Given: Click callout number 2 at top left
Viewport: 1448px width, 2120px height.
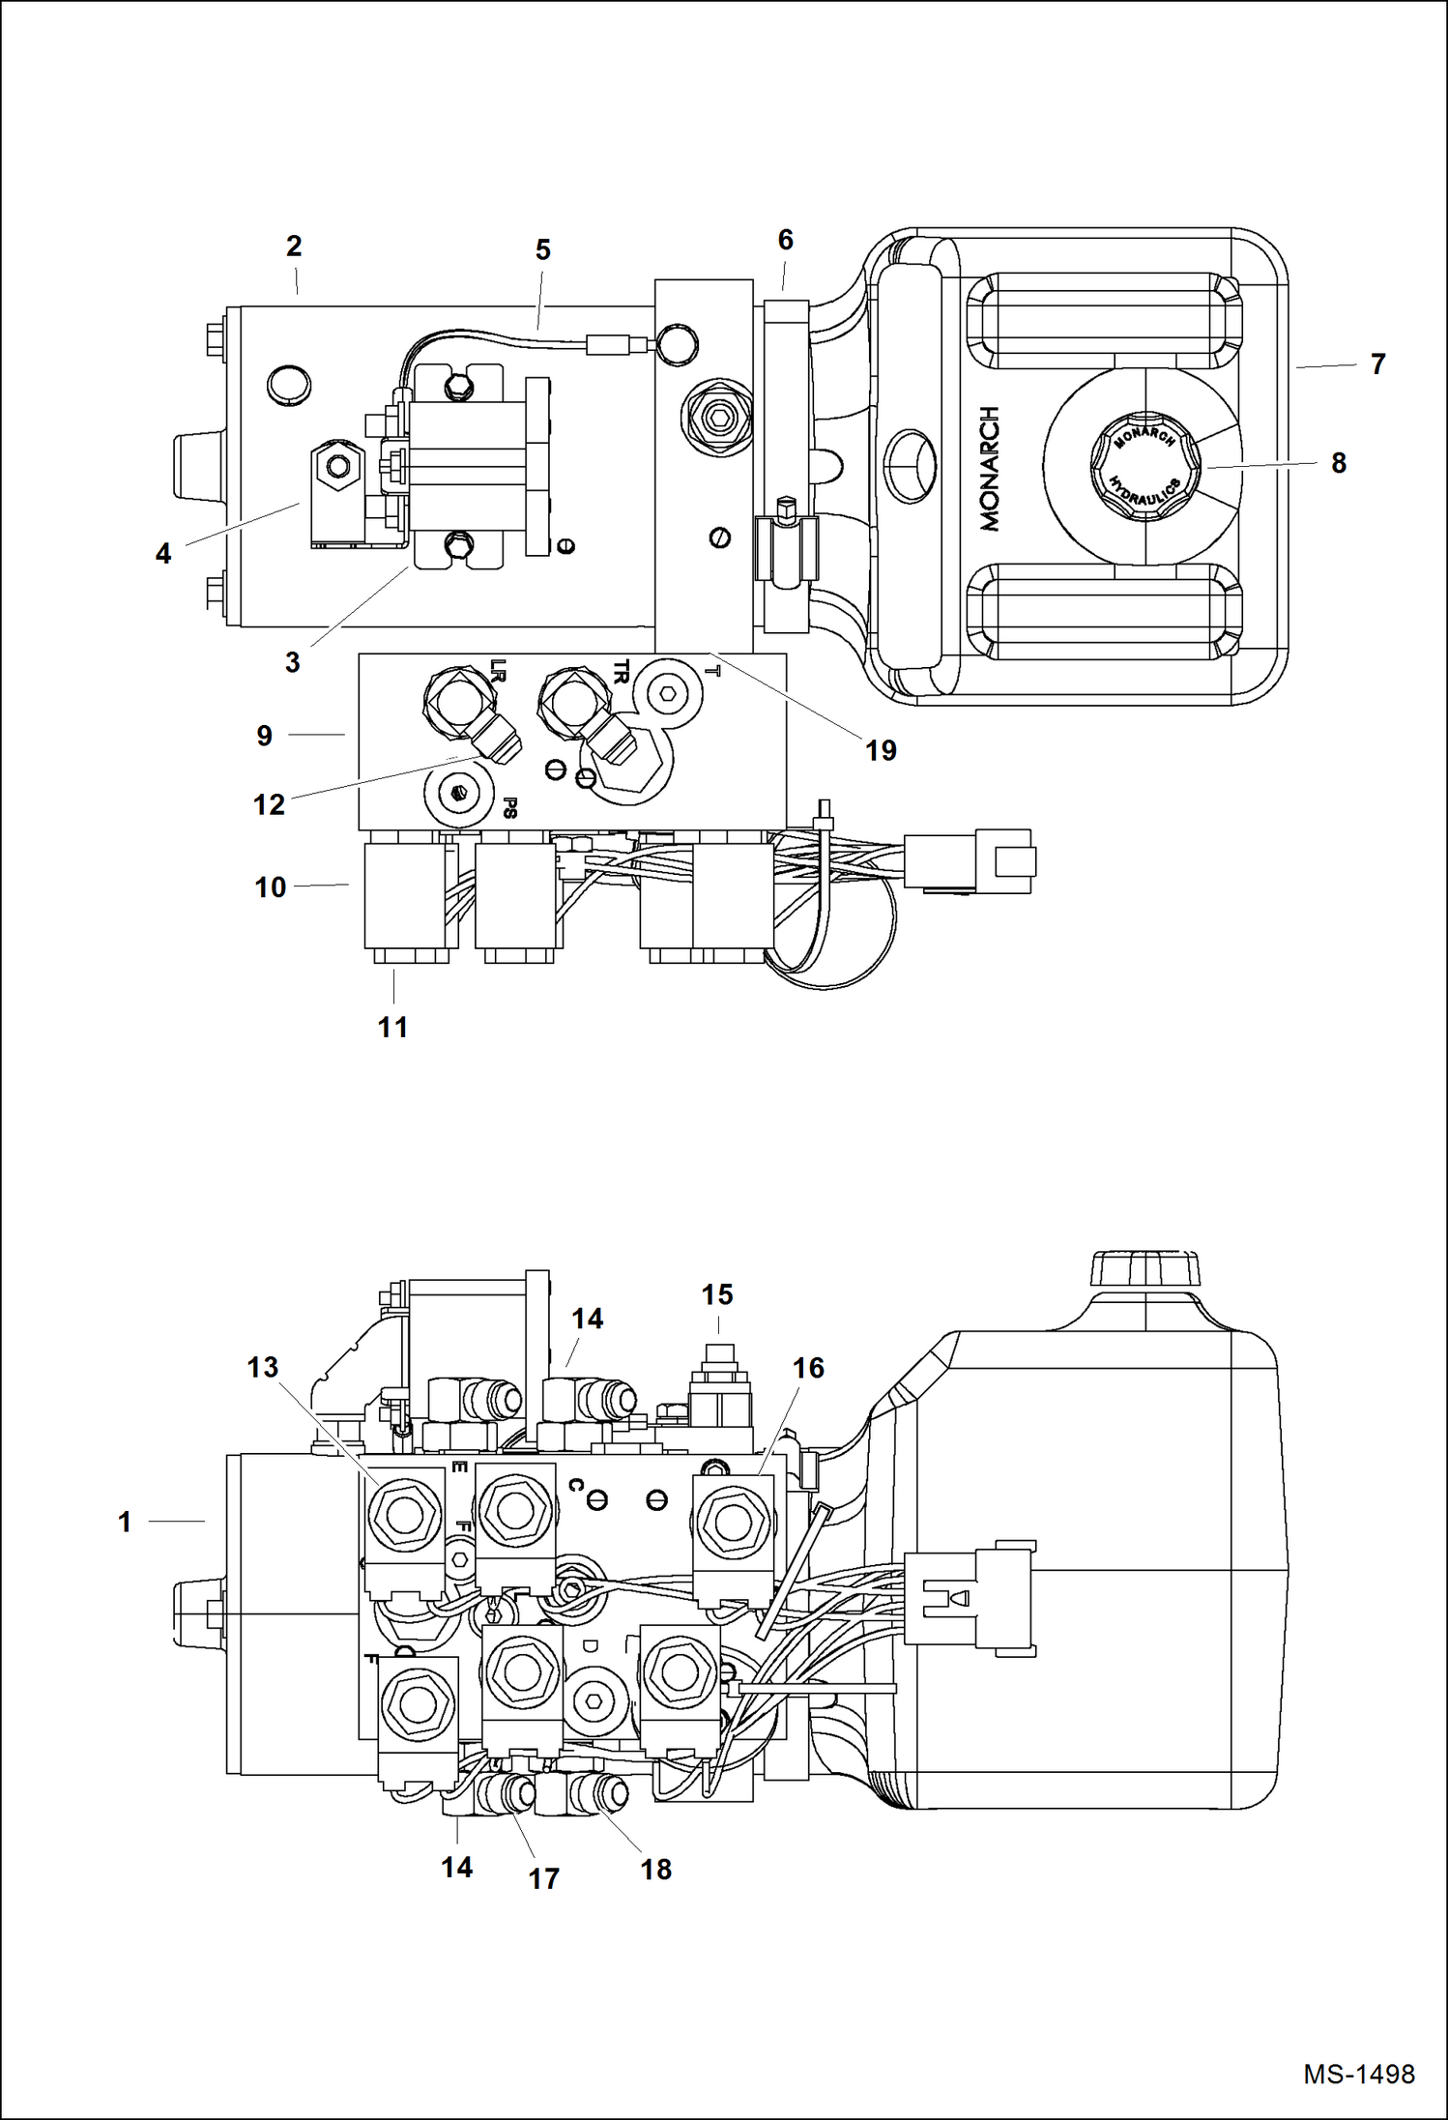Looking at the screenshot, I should coord(294,246).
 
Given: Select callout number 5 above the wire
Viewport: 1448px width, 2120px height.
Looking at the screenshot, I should coord(542,250).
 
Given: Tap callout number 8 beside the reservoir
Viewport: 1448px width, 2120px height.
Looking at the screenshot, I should coord(1338,463).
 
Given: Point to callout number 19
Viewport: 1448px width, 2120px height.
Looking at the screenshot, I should coord(880,750).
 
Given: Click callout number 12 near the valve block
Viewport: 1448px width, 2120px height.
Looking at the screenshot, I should coord(269,804).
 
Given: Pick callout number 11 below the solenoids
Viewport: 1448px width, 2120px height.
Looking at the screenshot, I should coord(392,1027).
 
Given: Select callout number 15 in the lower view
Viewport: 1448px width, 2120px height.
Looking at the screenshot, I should coord(716,1294).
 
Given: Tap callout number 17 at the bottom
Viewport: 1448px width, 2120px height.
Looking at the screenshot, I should coord(543,1878).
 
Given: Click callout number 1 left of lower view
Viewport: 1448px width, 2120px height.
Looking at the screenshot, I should coord(125,1522).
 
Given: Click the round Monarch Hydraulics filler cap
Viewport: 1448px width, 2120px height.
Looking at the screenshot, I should coord(1144,466).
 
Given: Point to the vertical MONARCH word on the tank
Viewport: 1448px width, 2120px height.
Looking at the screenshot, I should coord(989,469).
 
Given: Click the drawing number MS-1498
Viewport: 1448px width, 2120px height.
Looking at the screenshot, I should coord(1358,2074).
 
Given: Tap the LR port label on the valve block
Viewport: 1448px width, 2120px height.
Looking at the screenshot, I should coord(498,668).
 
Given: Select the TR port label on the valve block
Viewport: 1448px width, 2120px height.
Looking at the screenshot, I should coord(621,671).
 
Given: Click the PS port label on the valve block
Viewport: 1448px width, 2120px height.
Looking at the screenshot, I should coord(510,807).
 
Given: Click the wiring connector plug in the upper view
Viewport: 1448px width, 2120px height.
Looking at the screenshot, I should coord(970,860).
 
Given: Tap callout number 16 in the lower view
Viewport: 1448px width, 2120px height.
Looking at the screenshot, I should coord(808,1368).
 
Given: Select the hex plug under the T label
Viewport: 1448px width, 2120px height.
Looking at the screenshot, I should coord(667,694).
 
